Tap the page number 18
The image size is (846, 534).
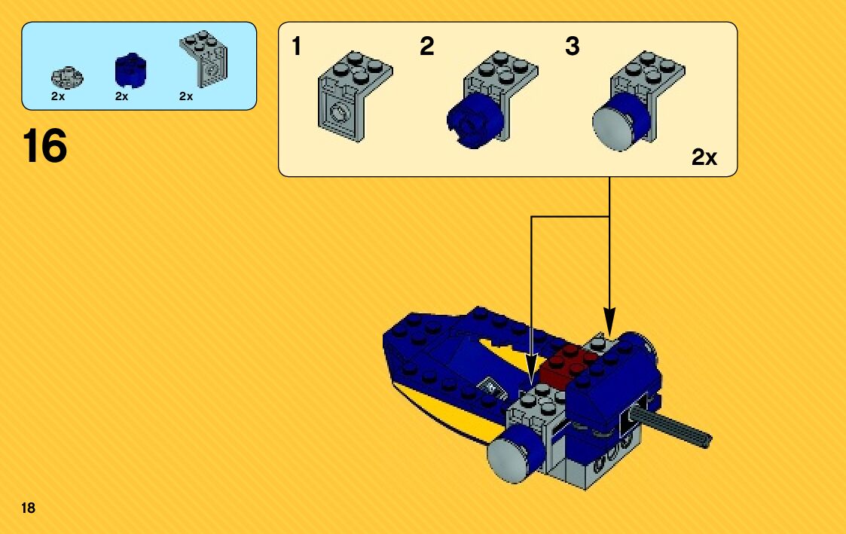(x=29, y=508)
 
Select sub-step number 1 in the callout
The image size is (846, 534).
(x=297, y=47)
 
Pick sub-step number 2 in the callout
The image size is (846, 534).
(x=427, y=47)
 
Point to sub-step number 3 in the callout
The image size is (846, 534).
(x=573, y=47)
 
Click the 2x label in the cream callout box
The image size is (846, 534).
(x=704, y=157)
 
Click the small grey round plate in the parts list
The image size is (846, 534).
(x=66, y=76)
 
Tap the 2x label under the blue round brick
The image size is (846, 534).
(x=122, y=96)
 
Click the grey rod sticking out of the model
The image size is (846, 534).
(x=674, y=425)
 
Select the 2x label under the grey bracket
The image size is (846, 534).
(x=186, y=96)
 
